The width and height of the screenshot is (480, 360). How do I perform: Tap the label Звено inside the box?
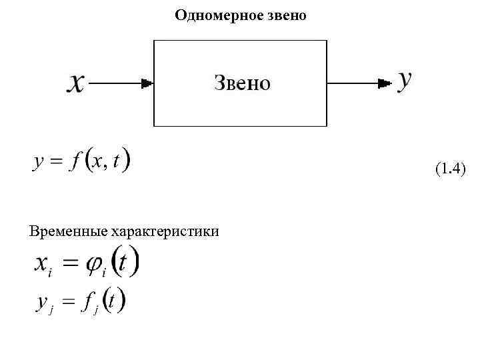coord(242,83)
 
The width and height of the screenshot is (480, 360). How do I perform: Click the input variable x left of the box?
coord(77,83)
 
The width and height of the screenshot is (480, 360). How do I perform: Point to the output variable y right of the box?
coord(405,80)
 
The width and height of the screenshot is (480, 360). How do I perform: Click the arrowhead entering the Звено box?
coord(148,83)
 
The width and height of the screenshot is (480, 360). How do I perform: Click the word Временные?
coord(68,231)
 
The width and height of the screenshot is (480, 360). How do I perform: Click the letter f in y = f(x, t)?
coord(78,162)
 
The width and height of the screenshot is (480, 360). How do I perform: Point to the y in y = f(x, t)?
coord(39,163)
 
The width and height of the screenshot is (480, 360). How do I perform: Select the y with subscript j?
coord(41,304)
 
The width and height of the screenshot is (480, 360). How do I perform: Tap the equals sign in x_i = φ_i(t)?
coord(70,264)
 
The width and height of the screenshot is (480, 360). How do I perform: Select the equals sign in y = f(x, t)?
coord(56,162)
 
